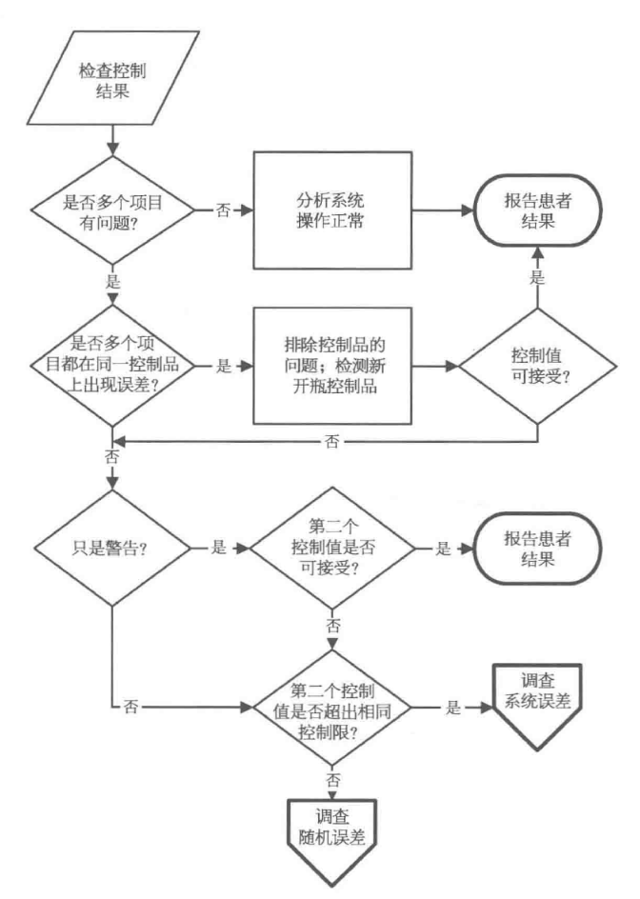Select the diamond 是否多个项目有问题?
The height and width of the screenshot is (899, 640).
112,209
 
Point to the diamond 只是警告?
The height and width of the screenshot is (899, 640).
112,549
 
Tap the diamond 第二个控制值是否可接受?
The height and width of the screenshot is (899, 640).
332,549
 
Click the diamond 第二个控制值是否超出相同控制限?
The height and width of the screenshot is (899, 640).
332,708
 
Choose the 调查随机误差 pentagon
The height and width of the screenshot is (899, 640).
332,830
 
